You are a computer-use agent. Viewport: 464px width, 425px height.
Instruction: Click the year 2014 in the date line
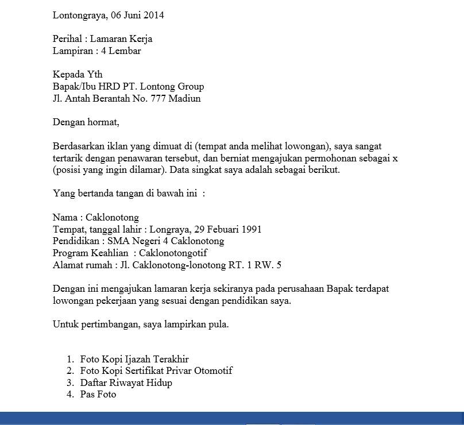pos(153,16)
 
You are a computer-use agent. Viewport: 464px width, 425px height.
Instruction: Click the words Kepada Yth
pos(78,75)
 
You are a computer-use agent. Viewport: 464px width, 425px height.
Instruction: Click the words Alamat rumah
pos(82,265)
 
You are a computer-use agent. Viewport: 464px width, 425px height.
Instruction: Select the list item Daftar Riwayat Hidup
pos(126,382)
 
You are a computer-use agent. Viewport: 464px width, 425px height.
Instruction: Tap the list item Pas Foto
pos(98,394)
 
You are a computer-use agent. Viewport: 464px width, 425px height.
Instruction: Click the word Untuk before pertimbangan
pos(65,324)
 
